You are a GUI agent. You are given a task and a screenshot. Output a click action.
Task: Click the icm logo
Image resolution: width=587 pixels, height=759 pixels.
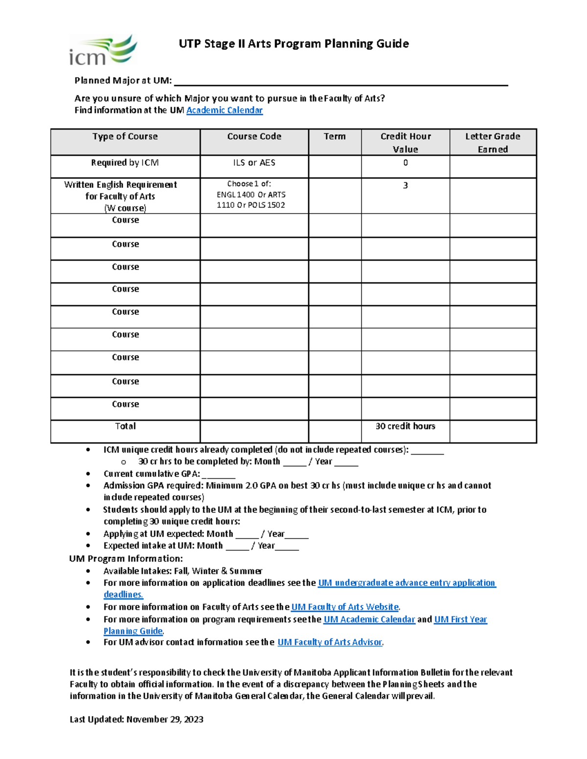pos(103,50)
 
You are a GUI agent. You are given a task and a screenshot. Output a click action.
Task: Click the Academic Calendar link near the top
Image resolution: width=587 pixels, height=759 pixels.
pos(225,110)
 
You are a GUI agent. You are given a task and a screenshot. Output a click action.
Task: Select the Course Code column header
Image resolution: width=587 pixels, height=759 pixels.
pos(254,137)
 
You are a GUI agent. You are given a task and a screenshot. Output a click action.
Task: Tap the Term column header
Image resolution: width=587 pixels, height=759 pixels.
pos(335,137)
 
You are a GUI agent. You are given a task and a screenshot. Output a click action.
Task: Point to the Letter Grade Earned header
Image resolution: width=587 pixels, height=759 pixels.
pos(493,143)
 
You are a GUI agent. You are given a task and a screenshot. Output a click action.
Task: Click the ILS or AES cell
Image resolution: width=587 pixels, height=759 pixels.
pos(254,163)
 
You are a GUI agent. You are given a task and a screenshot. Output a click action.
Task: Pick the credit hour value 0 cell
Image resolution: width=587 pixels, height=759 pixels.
pos(406,163)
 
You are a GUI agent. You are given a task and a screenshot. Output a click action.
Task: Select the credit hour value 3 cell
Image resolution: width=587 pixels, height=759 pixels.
pos(406,186)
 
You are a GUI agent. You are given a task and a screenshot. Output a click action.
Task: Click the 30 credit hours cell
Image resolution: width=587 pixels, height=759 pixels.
pos(406,426)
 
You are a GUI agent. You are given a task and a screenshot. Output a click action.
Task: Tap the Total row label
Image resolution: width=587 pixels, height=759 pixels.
pos(125,426)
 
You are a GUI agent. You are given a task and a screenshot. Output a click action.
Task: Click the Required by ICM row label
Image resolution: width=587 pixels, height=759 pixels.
pos(125,163)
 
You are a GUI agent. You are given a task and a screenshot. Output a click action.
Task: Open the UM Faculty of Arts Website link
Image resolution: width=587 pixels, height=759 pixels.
pos(345,607)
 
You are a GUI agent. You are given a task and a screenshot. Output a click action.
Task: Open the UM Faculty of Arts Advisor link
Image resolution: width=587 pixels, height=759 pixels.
pos(330,642)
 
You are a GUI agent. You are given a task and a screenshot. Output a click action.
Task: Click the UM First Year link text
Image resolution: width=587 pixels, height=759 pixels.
pos(460,620)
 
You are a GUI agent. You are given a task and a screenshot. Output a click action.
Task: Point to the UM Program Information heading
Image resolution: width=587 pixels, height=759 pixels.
pos(126,559)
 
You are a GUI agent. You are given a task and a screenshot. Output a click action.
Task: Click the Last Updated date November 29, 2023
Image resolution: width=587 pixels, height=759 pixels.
pos(165,719)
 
